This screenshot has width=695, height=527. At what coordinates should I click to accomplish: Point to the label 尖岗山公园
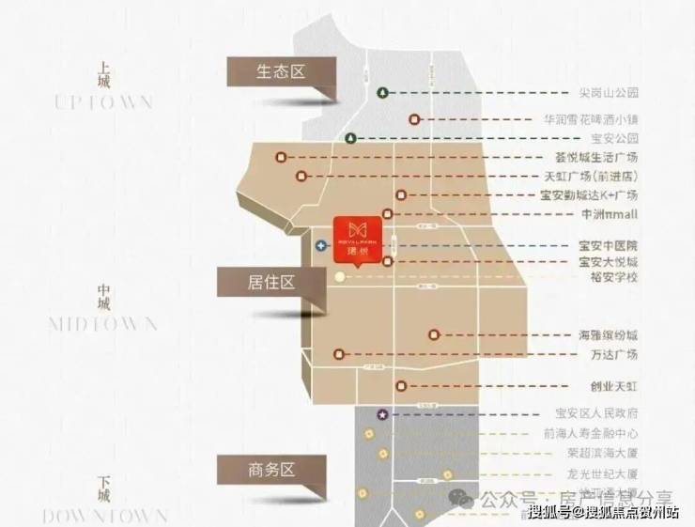click(x=608, y=93)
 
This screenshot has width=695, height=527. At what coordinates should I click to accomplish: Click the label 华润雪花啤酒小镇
click(x=592, y=119)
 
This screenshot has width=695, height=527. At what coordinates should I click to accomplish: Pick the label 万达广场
click(x=614, y=354)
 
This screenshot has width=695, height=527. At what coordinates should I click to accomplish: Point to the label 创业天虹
click(x=614, y=385)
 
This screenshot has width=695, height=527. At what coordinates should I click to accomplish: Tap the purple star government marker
click(x=382, y=414)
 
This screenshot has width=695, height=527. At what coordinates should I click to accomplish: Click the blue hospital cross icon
click(x=321, y=245)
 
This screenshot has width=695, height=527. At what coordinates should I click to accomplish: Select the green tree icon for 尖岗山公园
click(x=382, y=92)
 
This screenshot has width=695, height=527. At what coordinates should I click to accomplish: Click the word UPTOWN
click(x=103, y=101)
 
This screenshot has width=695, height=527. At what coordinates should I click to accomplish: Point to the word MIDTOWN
click(x=103, y=324)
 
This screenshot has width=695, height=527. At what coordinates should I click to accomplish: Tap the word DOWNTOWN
click(x=104, y=515)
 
